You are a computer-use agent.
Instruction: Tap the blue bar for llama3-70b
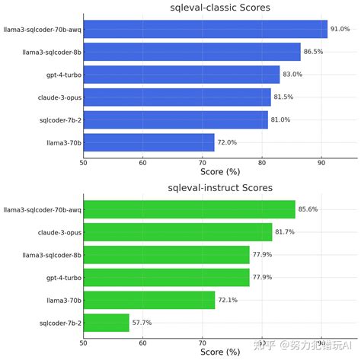149,142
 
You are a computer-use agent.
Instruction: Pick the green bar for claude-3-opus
177,231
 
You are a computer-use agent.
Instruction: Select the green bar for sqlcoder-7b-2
106,323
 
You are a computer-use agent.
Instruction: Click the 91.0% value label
340,29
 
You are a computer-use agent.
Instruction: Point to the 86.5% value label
313,52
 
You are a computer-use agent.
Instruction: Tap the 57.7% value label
142,323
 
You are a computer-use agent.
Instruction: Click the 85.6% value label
308,209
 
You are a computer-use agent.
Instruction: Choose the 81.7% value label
285,231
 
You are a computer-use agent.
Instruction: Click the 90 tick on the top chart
321,163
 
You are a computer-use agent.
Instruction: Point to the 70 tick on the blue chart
202,163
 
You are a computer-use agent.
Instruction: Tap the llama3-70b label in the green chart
61,300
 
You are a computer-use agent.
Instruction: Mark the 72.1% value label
228,300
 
